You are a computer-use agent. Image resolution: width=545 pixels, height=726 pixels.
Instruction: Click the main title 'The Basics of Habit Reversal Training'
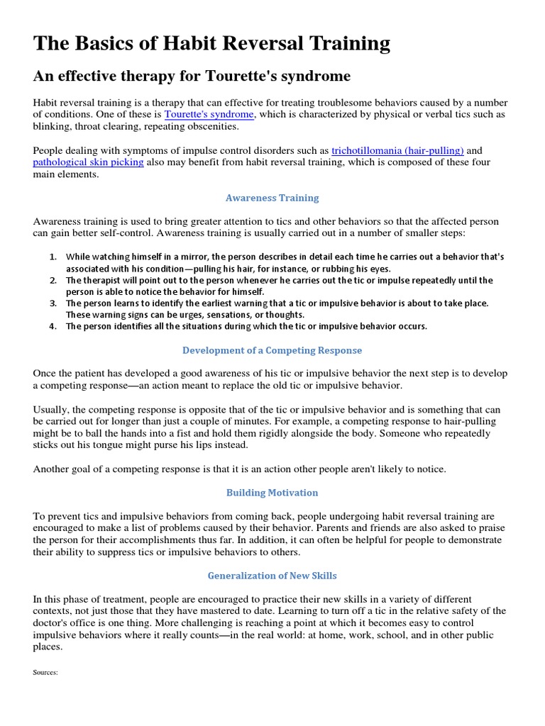pos(211,44)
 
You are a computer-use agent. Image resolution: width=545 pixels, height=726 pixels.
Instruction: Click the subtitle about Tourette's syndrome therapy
pos(192,76)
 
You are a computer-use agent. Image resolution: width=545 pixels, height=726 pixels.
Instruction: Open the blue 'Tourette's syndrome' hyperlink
pos(209,114)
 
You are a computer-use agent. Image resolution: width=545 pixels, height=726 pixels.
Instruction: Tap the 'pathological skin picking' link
pos(88,162)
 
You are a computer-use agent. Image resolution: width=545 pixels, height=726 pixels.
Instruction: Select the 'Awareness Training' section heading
pos(272,198)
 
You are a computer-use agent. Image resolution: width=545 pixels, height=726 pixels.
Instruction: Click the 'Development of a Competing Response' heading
pos(272,350)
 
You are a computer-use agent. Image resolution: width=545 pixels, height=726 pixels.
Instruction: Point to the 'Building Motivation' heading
pos(272,492)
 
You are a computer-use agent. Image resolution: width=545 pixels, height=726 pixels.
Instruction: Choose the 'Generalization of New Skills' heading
pos(272,575)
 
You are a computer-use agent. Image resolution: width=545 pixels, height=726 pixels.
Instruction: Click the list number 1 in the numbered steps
pos(53,257)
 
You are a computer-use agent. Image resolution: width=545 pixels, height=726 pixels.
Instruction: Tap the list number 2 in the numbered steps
pos(53,280)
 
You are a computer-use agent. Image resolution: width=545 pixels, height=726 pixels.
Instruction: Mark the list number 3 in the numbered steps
pos(53,303)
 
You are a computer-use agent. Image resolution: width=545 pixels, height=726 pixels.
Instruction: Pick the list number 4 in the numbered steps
pos(53,327)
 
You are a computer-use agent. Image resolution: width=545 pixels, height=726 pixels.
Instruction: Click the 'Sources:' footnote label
pos(45,673)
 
